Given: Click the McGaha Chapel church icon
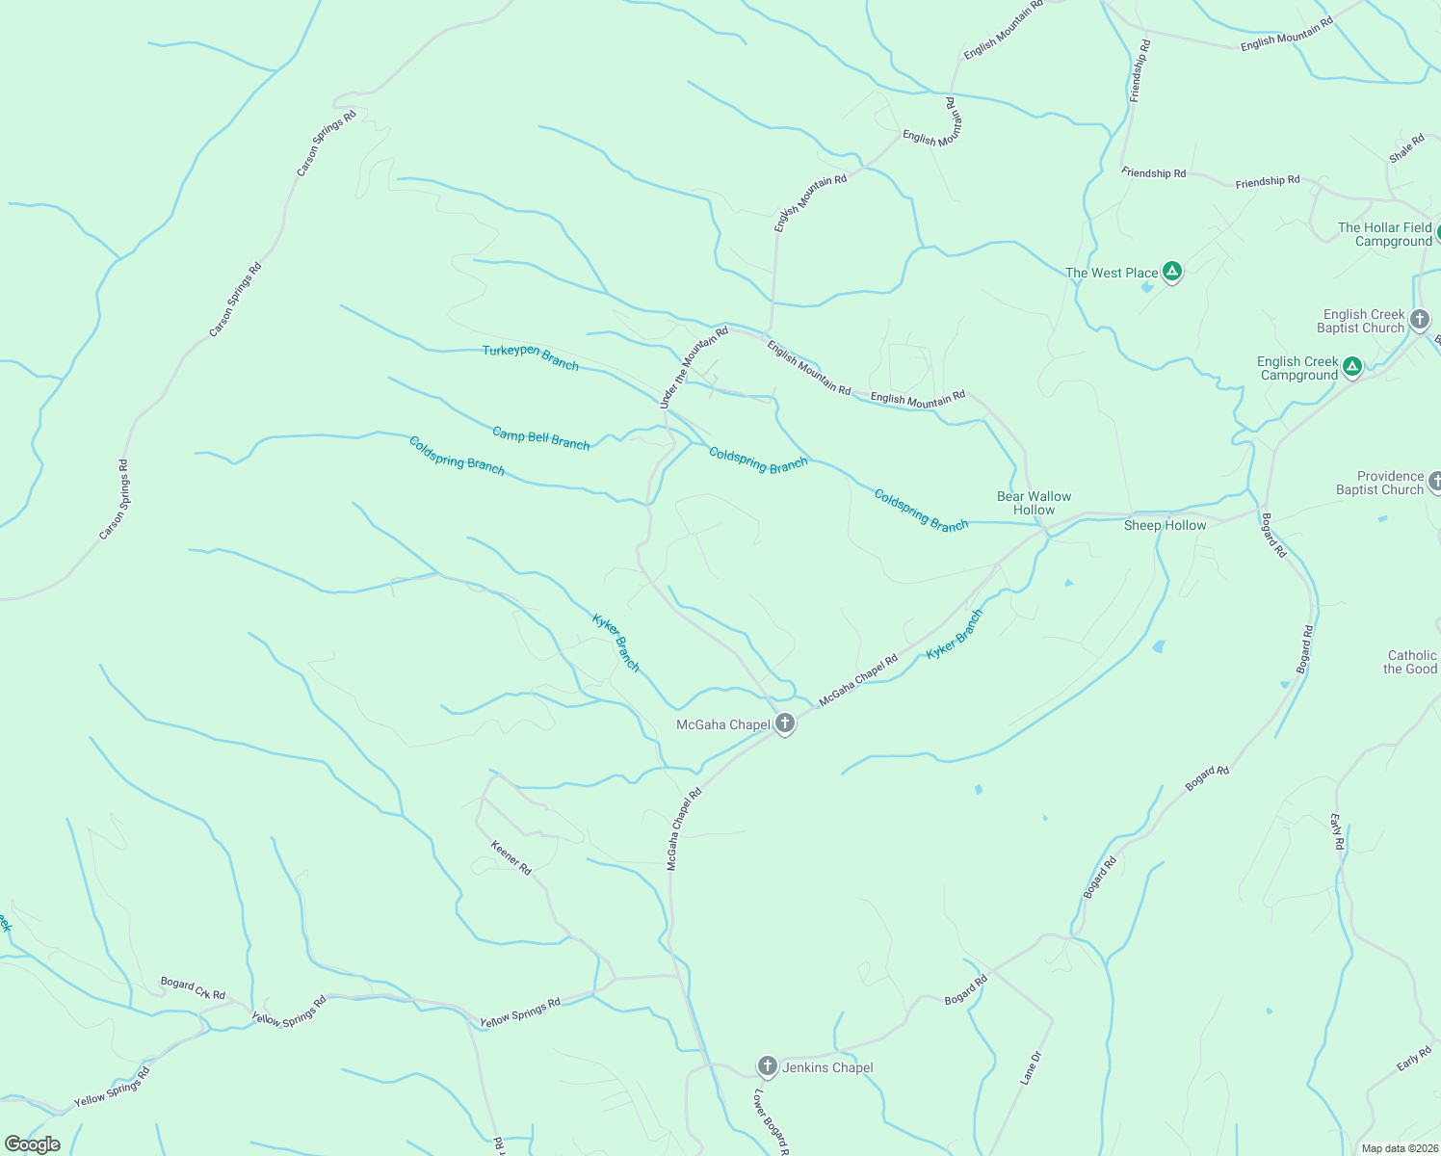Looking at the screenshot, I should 785,723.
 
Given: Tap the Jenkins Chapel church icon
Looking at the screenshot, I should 767,1065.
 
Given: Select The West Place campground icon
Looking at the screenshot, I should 1171,272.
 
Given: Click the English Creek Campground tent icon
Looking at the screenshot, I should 1352,366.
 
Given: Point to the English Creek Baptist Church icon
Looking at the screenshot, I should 1419,319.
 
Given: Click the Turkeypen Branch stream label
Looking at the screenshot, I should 531,357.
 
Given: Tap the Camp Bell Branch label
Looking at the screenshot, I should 540,438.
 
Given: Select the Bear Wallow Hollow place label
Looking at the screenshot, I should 1034,503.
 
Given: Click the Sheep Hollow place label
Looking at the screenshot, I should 1165,525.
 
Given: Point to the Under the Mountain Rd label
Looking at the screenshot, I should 694,368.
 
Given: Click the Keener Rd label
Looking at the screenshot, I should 511,857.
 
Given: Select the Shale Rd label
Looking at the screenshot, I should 1406,148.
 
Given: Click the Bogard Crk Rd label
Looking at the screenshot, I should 193,988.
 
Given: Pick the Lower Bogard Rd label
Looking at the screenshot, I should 772,1122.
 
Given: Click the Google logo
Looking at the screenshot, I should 32,1144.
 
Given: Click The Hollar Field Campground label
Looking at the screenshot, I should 1384,234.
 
